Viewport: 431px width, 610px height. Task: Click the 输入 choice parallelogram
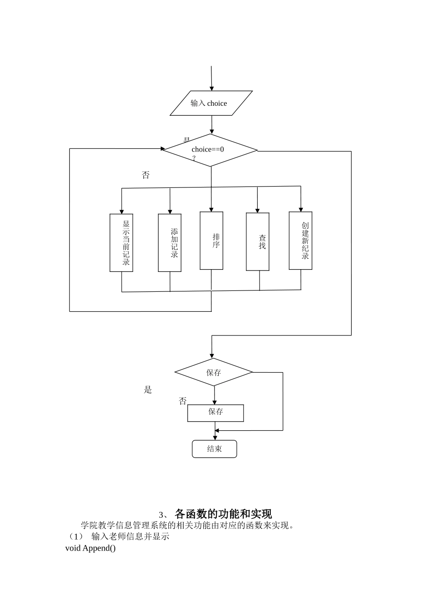(211, 103)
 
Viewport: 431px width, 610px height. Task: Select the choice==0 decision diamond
(210, 150)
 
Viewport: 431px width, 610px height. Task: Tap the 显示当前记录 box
(121, 243)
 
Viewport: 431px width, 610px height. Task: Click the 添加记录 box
(170, 243)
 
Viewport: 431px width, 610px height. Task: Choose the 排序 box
(211, 241)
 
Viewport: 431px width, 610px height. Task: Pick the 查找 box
(258, 241)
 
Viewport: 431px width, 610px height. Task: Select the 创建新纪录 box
(300, 241)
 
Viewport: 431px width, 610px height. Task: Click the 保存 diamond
(214, 372)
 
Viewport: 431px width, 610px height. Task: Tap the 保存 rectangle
(215, 413)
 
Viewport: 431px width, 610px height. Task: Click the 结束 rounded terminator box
(215, 449)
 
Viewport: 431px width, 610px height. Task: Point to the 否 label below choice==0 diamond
(146, 175)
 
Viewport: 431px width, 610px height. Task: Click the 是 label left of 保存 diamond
(148, 390)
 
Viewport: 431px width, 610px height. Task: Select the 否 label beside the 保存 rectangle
(182, 401)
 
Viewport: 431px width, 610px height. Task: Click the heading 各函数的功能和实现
(223, 514)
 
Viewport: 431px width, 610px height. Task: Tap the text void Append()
(90, 548)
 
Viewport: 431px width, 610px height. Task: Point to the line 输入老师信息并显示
(130, 536)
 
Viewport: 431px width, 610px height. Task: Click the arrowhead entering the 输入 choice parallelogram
(211, 88)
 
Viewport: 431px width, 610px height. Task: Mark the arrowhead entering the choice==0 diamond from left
(163, 148)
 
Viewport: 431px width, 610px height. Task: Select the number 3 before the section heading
(161, 515)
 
